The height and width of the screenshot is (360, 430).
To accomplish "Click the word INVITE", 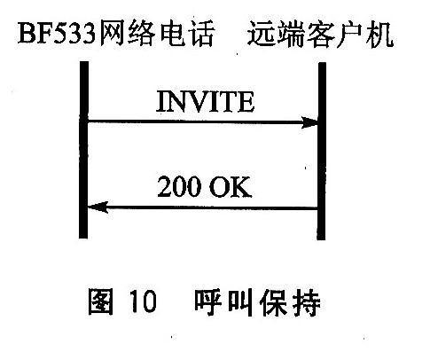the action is [x=205, y=101].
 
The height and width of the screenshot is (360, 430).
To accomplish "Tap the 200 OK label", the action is [x=204, y=187].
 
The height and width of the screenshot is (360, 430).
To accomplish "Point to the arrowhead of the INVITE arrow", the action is [x=309, y=122].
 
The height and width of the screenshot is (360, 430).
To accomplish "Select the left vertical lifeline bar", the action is [x=83, y=150].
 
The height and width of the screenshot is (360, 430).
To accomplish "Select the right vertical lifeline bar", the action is [x=322, y=151].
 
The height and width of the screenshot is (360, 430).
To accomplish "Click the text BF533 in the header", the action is [x=57, y=35].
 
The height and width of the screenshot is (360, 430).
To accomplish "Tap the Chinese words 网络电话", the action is [x=156, y=33].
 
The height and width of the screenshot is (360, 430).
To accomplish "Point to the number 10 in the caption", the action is [x=143, y=301].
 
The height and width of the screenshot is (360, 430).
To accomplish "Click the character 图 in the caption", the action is [x=101, y=301].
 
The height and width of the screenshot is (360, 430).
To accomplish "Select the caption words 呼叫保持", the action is [x=257, y=302].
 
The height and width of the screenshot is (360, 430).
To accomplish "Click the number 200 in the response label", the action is [x=179, y=187].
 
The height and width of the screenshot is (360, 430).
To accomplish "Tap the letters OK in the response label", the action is [x=231, y=187].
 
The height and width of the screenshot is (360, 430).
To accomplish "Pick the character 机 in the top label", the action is [x=379, y=34].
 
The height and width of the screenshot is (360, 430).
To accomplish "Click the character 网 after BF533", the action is [x=113, y=33].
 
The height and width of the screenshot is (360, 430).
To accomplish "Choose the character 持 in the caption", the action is [x=307, y=302].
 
